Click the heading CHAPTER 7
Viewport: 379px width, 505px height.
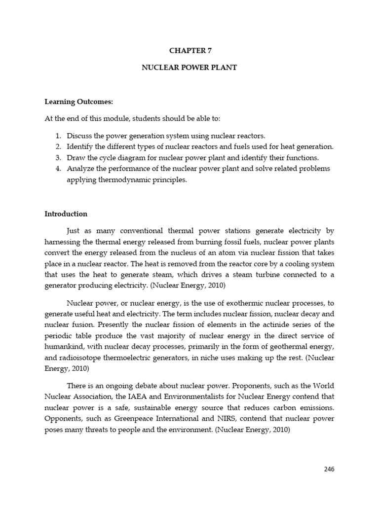pos(189,50)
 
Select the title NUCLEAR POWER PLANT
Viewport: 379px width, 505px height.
pos(189,68)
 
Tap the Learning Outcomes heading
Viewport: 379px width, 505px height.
pos(79,102)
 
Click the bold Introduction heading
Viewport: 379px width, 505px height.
pos(66,214)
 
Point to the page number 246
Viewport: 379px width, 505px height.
pos(329,469)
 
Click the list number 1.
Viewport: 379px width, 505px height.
pos(58,136)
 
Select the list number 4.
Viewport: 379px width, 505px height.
pos(58,169)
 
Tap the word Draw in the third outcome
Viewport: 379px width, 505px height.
pos(75,158)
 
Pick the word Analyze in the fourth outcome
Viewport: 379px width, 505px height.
pos(80,169)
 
